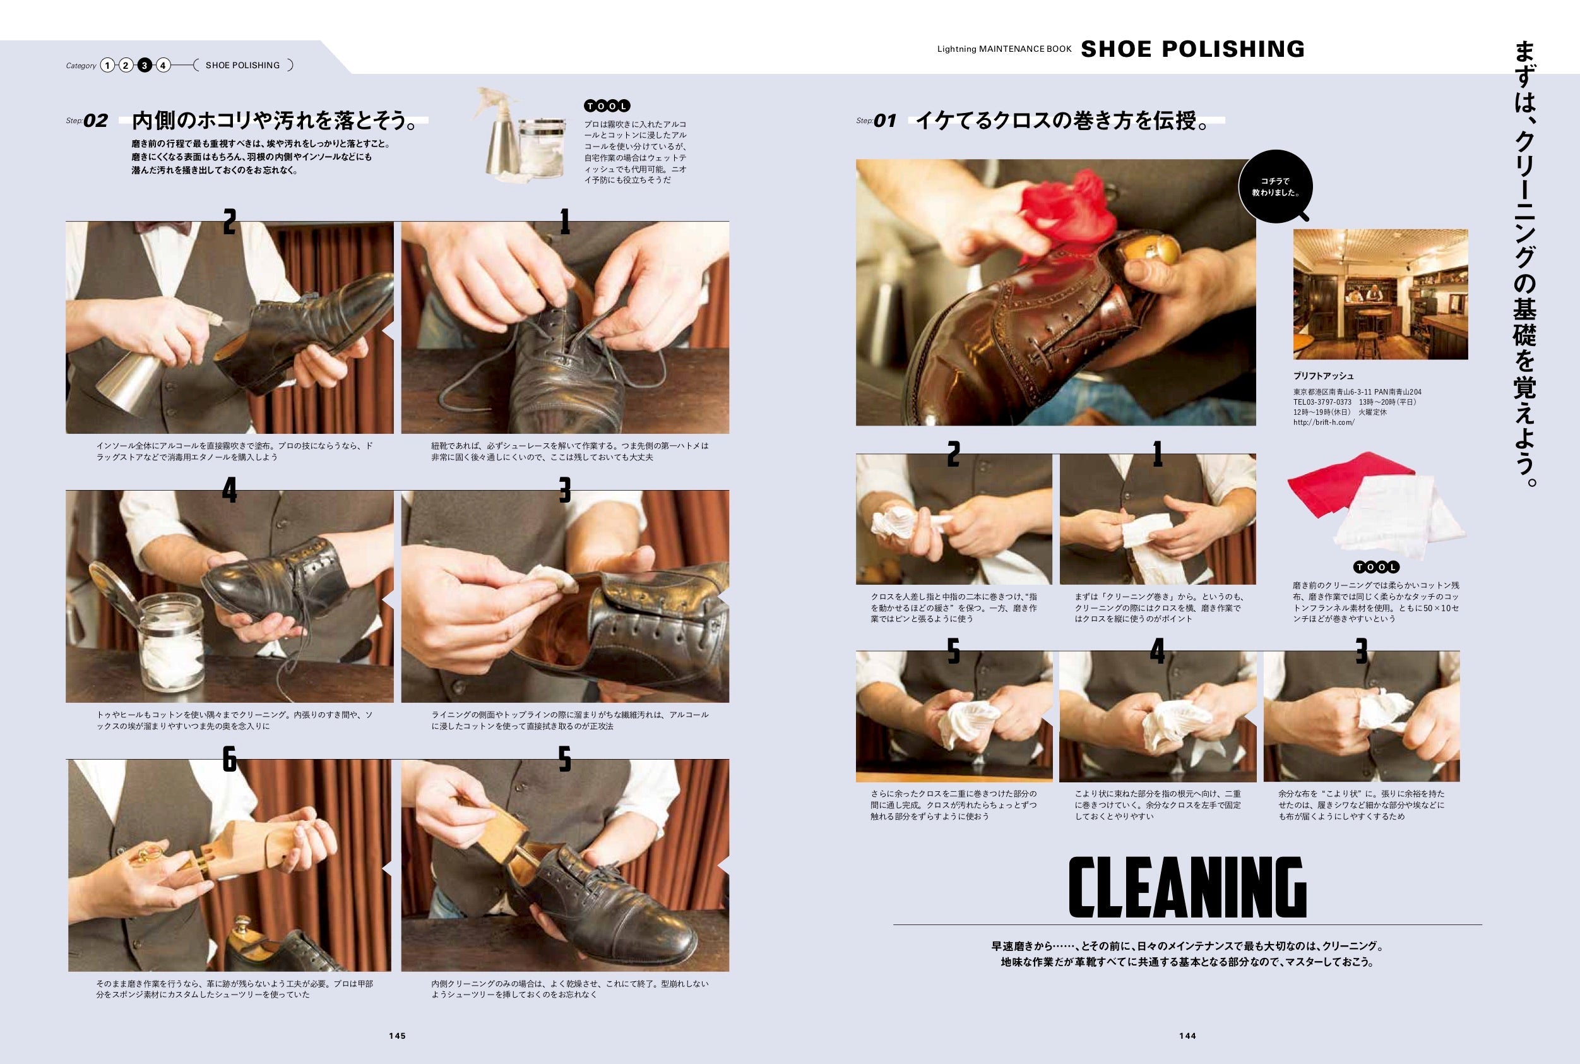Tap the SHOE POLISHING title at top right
(1192, 49)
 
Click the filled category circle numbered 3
(145, 65)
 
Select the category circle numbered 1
(107, 65)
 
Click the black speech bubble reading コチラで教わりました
(1275, 188)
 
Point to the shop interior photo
(1381, 294)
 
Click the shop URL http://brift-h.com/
(1324, 422)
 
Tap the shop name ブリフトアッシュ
(1324, 376)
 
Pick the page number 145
(398, 1036)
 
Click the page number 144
(1187, 1036)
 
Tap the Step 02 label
(87, 121)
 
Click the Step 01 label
(877, 121)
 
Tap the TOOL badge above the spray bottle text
(607, 106)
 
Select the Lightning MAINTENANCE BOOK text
(1005, 49)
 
